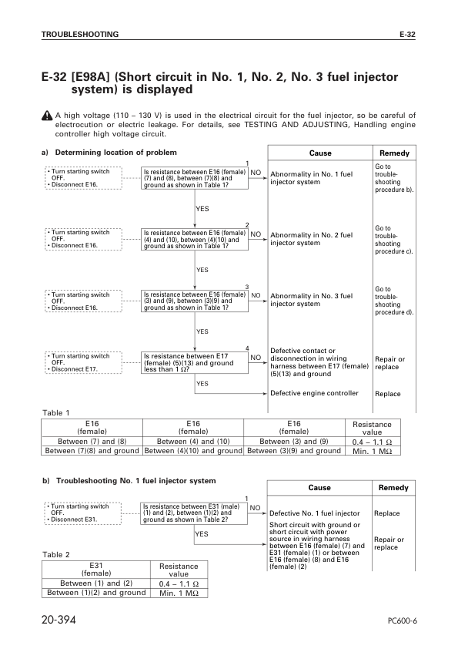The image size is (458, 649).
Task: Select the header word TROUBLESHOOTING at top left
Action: pos(80,35)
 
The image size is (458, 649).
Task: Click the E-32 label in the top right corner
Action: pos(407,35)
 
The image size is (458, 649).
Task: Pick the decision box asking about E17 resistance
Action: pos(196,362)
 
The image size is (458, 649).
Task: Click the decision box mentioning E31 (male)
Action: pos(196,513)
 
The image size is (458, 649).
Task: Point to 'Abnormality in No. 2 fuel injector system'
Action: pos(311,238)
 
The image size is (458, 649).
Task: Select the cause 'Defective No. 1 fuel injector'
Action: pos(315,513)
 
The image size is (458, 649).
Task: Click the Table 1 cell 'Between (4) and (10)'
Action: pos(193,441)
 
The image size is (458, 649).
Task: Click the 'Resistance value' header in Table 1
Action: pos(371,429)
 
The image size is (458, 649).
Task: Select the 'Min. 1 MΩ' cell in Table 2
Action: pos(178,593)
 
